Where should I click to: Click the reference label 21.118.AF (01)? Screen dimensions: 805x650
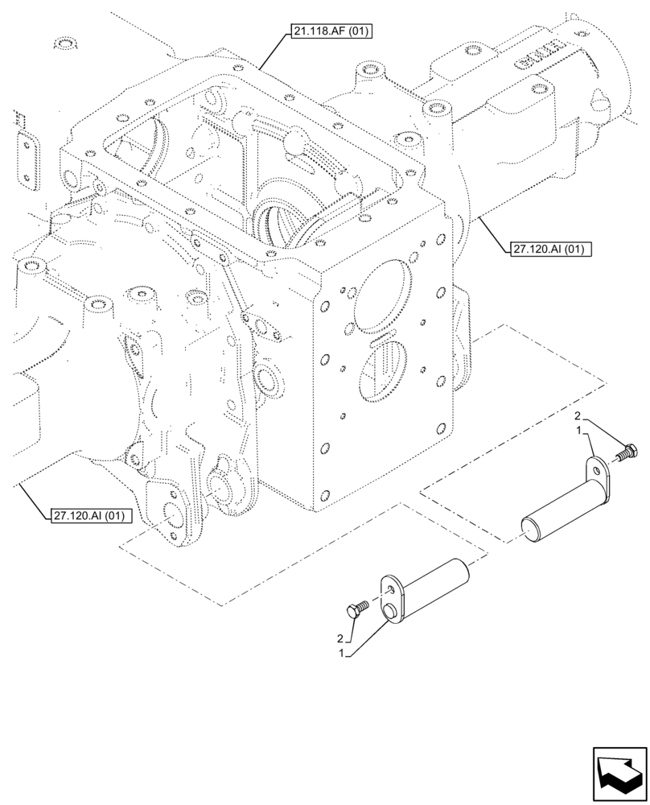pos(331,32)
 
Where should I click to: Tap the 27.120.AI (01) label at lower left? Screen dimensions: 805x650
pos(89,516)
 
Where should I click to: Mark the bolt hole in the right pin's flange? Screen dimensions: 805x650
pos(596,465)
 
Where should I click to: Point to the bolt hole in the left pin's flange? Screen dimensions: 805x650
pos(390,590)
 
